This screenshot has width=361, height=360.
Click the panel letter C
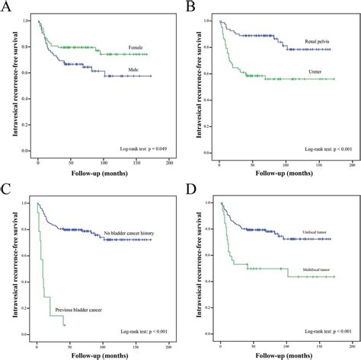9,188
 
